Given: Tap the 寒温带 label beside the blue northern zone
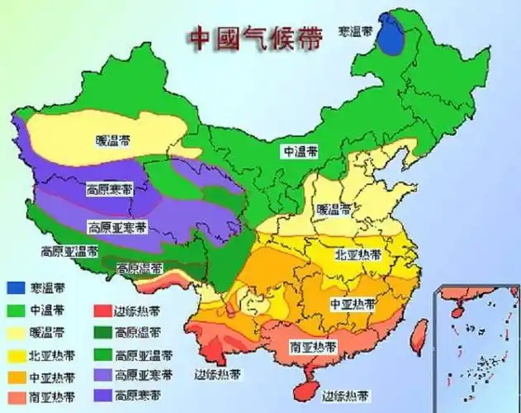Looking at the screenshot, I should pyautogui.click(x=356, y=31).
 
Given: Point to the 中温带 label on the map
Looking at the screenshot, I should pyautogui.click(x=301, y=151).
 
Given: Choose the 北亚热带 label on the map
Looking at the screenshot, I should pyautogui.click(x=356, y=254).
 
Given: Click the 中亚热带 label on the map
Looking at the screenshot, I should pyautogui.click(x=352, y=303).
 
